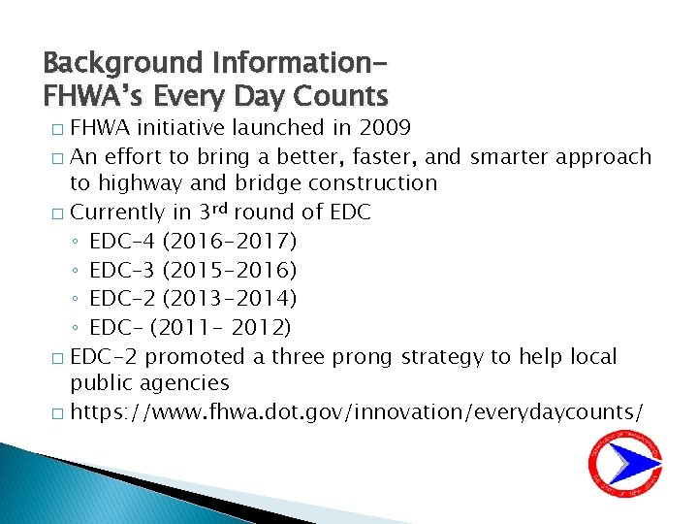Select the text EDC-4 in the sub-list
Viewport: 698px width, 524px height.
click(123, 241)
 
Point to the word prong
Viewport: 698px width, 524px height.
click(363, 357)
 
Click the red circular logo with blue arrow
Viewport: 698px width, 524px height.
click(625, 463)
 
